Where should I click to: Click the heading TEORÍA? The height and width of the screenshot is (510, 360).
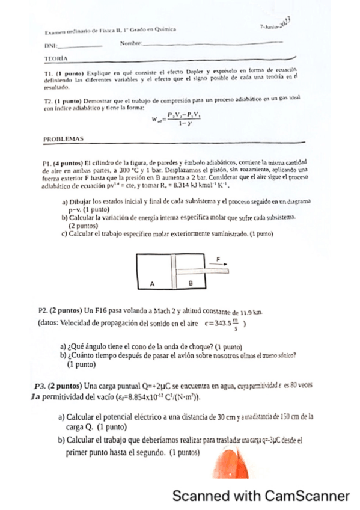[56, 58]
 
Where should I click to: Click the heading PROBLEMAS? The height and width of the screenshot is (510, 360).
[64, 139]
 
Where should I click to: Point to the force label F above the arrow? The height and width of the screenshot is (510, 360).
[218, 258]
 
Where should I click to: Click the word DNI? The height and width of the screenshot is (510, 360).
[50, 46]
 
